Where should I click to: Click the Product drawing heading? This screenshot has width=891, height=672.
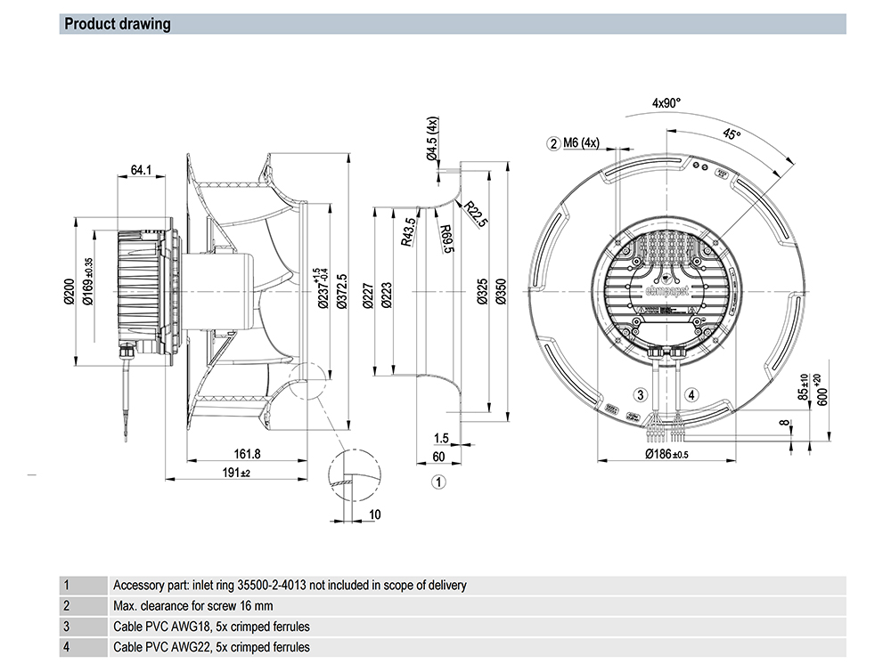[x=118, y=24]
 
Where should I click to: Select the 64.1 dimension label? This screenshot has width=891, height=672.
[x=141, y=169]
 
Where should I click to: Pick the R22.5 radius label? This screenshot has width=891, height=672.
[x=475, y=215]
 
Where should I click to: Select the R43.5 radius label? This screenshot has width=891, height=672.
[x=408, y=231]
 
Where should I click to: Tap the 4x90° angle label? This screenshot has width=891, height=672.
[x=666, y=103]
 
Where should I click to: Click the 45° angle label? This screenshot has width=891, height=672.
[x=732, y=134]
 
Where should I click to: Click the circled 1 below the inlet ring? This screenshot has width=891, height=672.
[x=437, y=482]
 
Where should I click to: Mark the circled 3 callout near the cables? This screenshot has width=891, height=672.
[x=639, y=394]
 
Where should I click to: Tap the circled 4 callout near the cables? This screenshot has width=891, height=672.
[x=691, y=394]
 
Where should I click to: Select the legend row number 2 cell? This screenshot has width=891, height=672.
[x=66, y=606]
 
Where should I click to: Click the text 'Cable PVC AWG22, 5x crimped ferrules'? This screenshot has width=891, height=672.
[x=212, y=647]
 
